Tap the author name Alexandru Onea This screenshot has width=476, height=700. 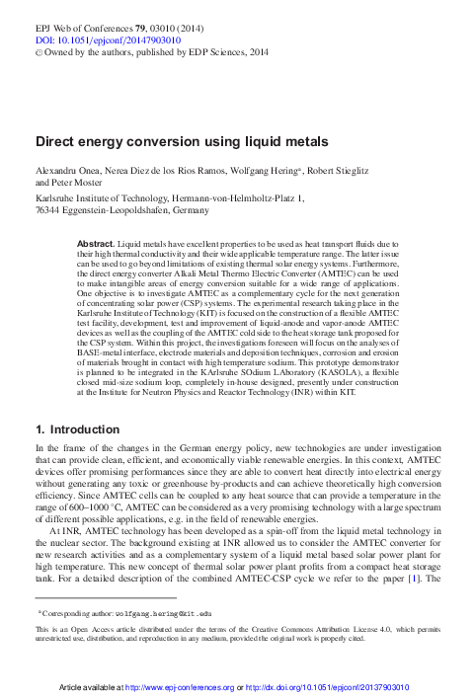(69, 171)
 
